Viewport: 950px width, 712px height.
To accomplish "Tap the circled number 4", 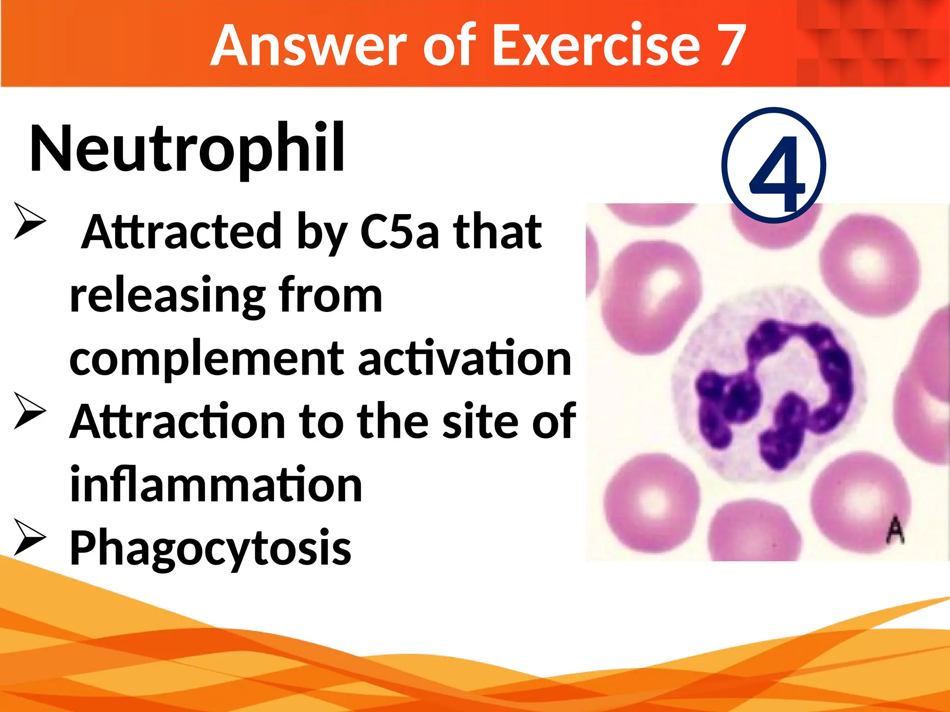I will (x=774, y=166).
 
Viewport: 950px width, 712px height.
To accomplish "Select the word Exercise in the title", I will (x=595, y=45).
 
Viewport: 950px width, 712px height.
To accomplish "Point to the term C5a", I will (x=399, y=232).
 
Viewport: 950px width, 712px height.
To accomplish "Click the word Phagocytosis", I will (x=210, y=548).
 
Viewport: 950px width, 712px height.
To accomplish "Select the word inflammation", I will (x=216, y=485).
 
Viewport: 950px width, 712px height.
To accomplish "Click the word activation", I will (x=464, y=358).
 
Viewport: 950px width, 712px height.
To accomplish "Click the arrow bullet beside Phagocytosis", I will (x=30, y=538).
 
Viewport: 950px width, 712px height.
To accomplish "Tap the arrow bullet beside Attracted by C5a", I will (x=30, y=221).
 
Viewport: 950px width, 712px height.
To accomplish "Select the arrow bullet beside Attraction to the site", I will (x=30, y=410).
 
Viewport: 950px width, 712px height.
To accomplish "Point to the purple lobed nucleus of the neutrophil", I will (x=779, y=389).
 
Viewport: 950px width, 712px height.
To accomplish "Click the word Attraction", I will (x=178, y=421).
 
